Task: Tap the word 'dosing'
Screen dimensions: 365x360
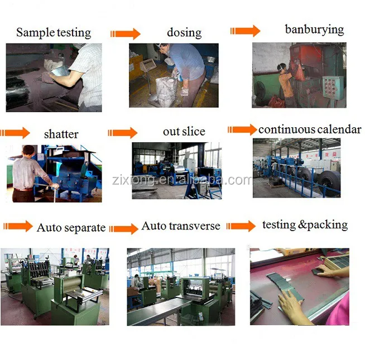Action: [184, 32]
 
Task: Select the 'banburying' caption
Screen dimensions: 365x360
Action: [315, 29]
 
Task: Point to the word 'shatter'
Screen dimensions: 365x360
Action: [61, 135]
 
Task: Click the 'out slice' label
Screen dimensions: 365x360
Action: [184, 132]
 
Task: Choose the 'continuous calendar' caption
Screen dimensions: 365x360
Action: [310, 129]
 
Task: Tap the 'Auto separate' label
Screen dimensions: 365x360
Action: [71, 227]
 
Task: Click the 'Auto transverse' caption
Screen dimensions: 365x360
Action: [181, 225]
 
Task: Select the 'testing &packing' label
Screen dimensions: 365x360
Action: [305, 224]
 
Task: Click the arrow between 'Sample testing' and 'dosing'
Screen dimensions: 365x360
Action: [125, 33]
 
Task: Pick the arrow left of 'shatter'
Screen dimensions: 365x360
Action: [16, 133]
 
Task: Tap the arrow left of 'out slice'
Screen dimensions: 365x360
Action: [122, 133]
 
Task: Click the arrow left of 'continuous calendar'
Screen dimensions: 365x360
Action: [242, 130]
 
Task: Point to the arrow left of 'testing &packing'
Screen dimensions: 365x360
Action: [241, 225]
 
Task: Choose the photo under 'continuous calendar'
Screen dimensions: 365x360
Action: [296, 167]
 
